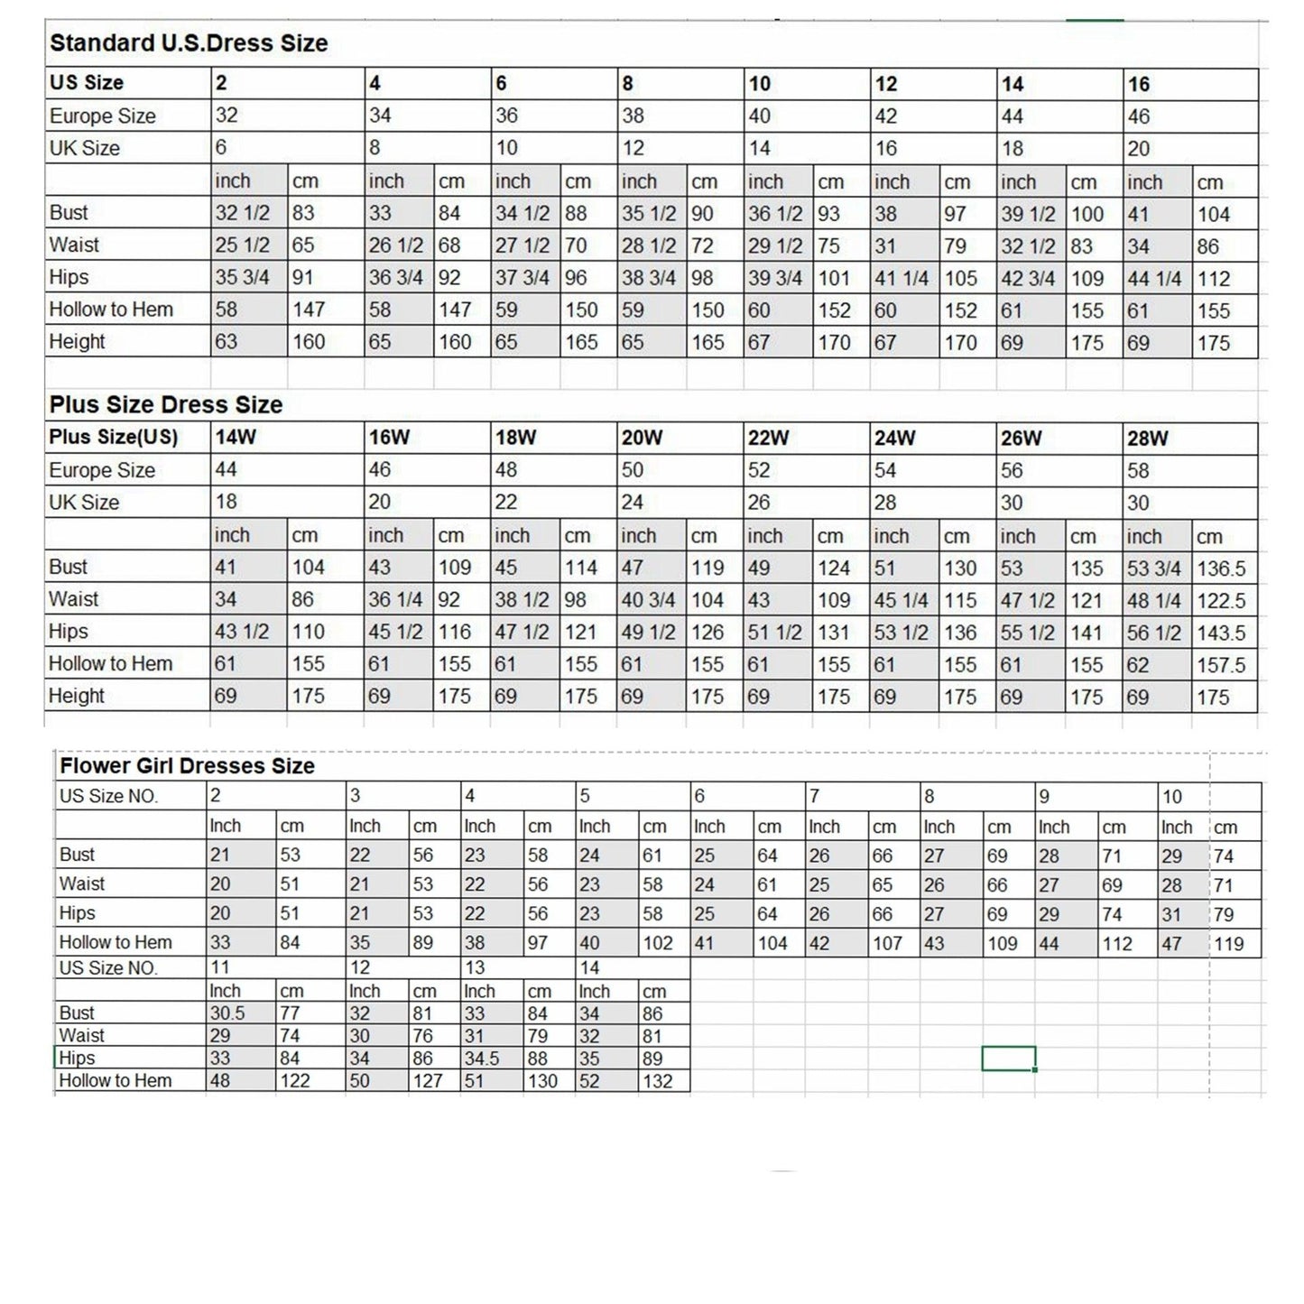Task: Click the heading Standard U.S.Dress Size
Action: (189, 43)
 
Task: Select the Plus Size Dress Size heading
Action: (166, 404)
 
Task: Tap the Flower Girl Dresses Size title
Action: (187, 766)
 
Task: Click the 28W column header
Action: (1148, 439)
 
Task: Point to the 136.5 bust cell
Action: (1221, 569)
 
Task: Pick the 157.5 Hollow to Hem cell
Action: (1221, 665)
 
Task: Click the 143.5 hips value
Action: (1221, 633)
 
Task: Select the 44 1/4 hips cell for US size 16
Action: (1154, 279)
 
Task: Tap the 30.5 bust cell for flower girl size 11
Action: (227, 1013)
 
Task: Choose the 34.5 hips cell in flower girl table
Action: (481, 1059)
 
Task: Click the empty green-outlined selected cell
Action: (1008, 1059)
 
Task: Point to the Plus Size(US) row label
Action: (114, 438)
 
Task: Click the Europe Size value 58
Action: (1139, 471)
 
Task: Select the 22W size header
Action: (769, 439)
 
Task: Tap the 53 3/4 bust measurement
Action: (1154, 569)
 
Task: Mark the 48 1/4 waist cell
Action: (1154, 601)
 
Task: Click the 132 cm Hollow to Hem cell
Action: (658, 1081)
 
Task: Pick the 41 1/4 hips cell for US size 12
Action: (902, 279)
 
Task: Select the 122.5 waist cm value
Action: (1221, 601)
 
